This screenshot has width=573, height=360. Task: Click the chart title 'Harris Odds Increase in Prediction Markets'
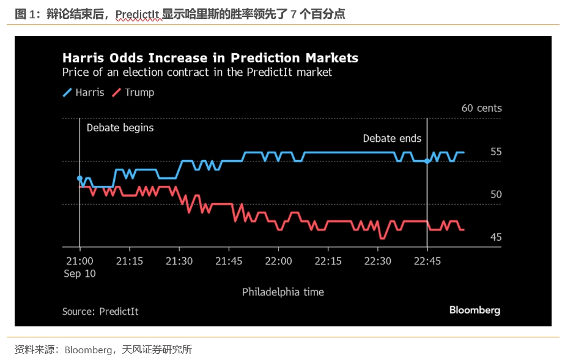(x=210, y=58)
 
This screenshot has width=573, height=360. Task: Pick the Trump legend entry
(x=133, y=93)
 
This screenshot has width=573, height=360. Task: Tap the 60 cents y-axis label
(x=481, y=108)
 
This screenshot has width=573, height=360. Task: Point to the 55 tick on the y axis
(x=495, y=152)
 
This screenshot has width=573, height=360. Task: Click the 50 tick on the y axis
(x=495, y=194)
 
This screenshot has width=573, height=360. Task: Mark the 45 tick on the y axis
(x=495, y=237)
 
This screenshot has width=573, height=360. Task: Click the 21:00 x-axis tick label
(x=79, y=260)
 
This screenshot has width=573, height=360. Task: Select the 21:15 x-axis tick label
(x=129, y=260)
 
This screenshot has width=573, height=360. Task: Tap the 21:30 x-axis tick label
(x=179, y=260)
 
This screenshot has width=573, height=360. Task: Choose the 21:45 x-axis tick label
(x=228, y=260)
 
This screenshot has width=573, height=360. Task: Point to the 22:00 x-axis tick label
(x=278, y=260)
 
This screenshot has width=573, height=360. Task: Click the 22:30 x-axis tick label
(x=377, y=260)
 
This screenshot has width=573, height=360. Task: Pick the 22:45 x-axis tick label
(x=427, y=260)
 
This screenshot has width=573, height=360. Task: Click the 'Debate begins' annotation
(x=120, y=128)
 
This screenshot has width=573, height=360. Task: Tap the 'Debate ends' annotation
(x=392, y=139)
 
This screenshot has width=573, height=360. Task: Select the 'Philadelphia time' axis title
(x=283, y=292)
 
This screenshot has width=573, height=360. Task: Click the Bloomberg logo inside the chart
(x=475, y=310)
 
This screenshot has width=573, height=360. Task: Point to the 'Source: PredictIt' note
(x=100, y=312)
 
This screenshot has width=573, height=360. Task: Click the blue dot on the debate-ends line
(x=427, y=161)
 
